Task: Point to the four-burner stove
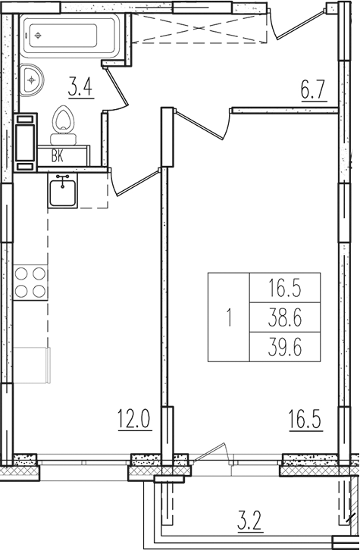(x=30, y=281)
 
